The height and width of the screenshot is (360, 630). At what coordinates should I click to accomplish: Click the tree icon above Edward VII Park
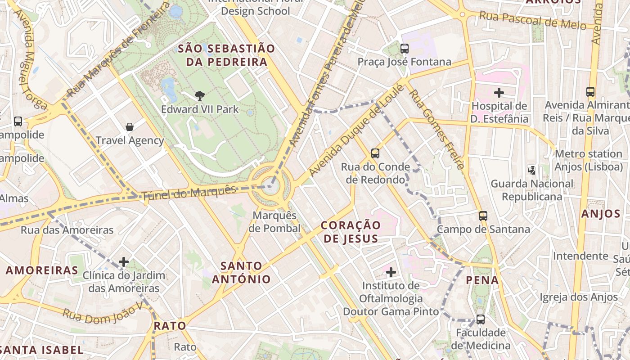[199, 95]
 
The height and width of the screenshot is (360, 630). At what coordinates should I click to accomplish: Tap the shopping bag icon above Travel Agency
[130, 127]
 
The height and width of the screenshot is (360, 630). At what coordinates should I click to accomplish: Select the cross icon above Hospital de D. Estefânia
[499, 93]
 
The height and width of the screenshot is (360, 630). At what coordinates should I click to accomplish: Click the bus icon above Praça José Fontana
[404, 49]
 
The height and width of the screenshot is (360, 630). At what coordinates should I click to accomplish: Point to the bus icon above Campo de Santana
[483, 216]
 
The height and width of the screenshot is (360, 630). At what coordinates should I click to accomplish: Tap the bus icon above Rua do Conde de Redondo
[375, 153]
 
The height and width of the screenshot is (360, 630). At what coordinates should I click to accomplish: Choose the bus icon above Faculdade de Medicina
[481, 319]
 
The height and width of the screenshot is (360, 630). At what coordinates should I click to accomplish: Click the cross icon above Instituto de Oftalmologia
[391, 272]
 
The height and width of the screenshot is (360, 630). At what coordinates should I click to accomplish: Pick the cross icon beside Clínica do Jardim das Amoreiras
[124, 262]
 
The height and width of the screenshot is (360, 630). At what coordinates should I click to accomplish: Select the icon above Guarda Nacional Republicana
[532, 170]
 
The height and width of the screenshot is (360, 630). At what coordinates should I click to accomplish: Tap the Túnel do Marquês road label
[189, 193]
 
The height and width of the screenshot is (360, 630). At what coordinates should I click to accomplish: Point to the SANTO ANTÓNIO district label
[241, 273]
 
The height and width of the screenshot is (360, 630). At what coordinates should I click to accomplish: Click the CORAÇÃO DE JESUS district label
[351, 232]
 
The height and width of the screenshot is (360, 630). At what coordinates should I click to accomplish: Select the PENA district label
[482, 280]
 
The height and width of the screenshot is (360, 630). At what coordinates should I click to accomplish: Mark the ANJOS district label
[601, 214]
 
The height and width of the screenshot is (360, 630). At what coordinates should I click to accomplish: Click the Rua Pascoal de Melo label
[532, 20]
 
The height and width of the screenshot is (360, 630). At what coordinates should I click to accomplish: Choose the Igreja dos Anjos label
[579, 297]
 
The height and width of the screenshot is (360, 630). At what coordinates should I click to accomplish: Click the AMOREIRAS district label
[42, 270]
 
